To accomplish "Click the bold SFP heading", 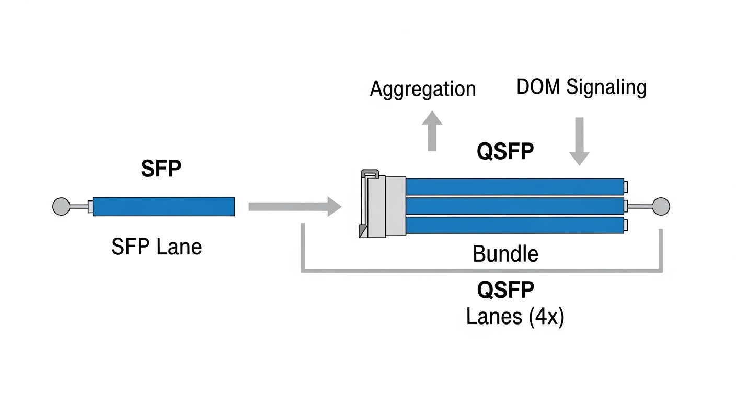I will click(x=161, y=169).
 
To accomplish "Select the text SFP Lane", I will click(x=156, y=247).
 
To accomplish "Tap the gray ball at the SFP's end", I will click(x=61, y=206).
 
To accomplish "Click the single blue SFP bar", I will click(x=163, y=206).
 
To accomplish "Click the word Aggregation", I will click(x=422, y=89).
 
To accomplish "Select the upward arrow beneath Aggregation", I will click(x=432, y=131).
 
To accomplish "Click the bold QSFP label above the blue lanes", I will click(x=505, y=152).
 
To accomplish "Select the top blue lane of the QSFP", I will click(x=514, y=187).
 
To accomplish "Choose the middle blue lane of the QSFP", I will click(x=514, y=206).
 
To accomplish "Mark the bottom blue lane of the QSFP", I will click(x=514, y=225).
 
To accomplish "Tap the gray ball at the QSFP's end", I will click(x=661, y=206).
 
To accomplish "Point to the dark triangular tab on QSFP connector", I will click(x=362, y=231).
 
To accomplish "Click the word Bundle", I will click(x=505, y=254).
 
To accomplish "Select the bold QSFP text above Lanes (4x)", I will click(x=505, y=289).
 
